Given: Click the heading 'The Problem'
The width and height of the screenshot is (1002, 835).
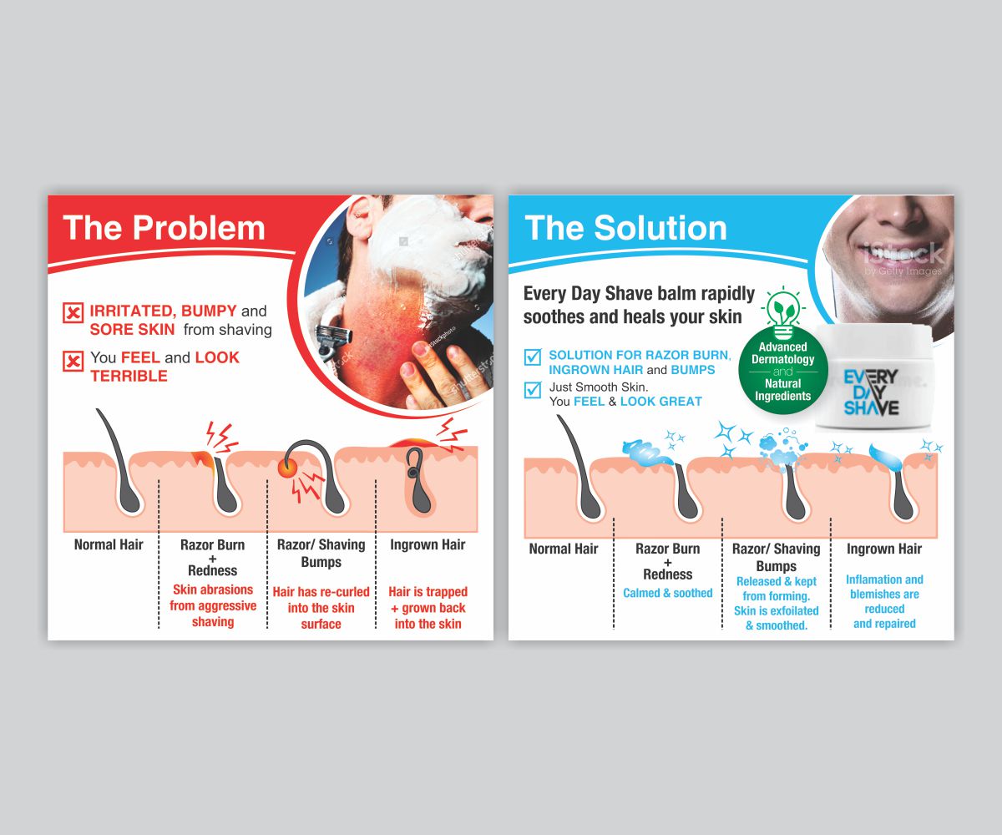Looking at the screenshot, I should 164,228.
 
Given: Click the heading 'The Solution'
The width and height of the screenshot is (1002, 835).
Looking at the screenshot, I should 625,228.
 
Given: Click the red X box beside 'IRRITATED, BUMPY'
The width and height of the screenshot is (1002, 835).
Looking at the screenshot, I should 73,313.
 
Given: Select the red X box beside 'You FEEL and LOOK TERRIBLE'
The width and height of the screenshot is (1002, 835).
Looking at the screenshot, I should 73,361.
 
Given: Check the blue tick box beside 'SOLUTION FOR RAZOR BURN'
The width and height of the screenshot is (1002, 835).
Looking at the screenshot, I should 532,357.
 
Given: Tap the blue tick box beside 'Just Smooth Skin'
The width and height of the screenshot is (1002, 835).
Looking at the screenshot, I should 532,389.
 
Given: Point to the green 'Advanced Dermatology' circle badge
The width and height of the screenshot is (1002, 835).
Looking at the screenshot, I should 783,371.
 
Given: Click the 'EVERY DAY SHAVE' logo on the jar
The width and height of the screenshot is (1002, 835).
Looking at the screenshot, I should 871,392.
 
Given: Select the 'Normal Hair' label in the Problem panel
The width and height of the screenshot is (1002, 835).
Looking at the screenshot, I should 109,545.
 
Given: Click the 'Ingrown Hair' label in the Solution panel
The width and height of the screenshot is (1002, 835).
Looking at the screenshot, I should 884,549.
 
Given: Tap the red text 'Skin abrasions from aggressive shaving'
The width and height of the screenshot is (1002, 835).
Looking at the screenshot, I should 213,606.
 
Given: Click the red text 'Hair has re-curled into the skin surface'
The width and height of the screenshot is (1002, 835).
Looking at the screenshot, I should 321,608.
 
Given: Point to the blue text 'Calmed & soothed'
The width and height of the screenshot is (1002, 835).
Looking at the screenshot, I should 668,594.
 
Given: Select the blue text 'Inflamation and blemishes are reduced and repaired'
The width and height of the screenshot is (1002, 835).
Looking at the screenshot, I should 884,601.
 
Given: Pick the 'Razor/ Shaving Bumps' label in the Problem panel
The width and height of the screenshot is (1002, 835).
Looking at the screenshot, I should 321,554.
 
